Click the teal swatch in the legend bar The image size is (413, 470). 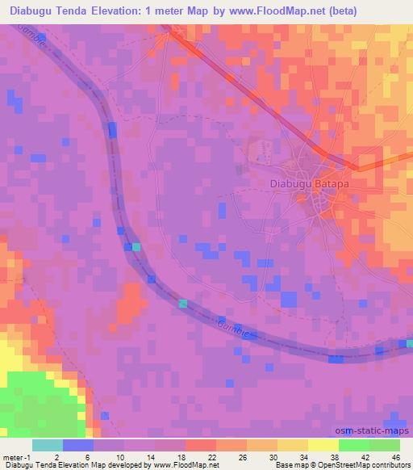tap(48, 445)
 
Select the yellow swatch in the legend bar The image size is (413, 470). tap(323, 445)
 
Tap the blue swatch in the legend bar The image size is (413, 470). tap(78, 445)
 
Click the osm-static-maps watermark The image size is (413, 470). tap(377, 430)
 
